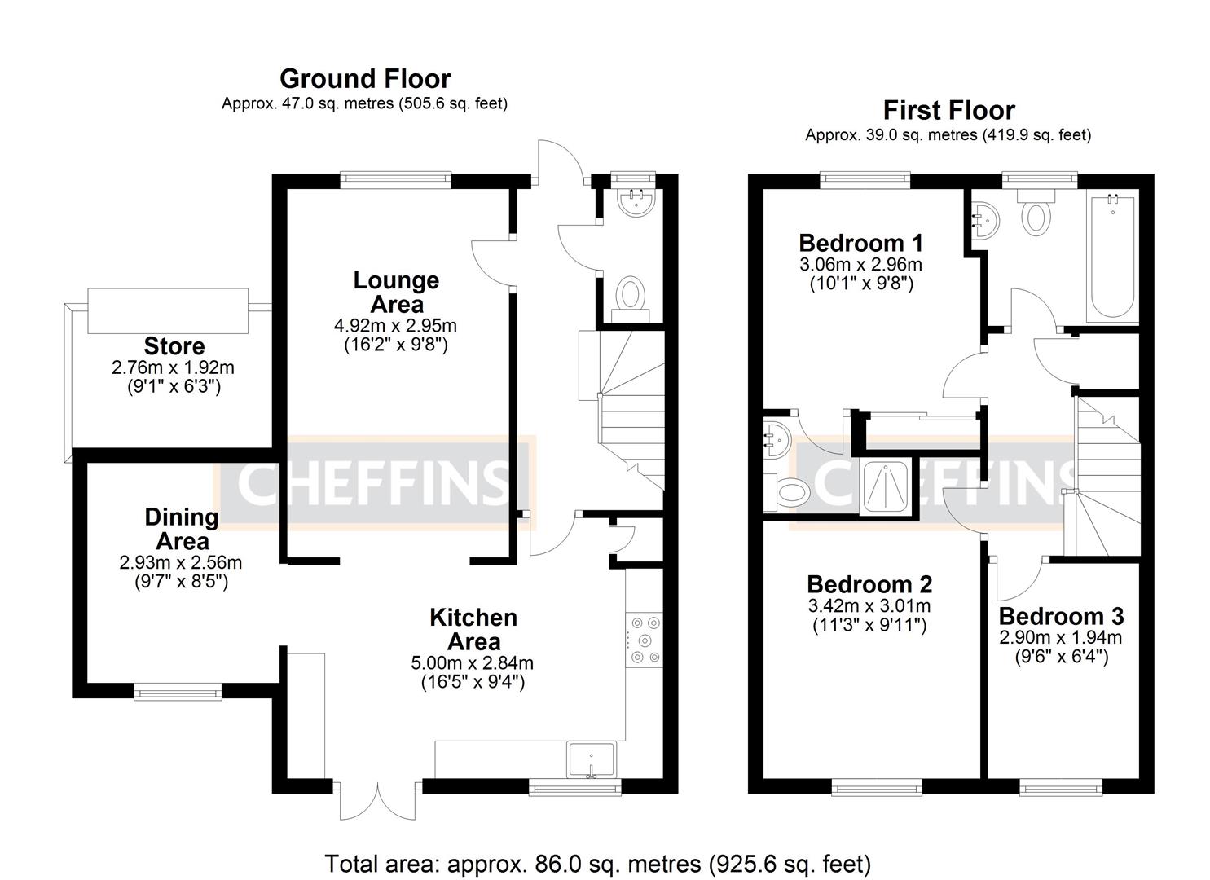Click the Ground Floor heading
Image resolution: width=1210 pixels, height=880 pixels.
[364, 79]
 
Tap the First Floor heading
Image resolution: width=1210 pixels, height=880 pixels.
[948, 110]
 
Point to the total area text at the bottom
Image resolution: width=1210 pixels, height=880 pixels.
[597, 863]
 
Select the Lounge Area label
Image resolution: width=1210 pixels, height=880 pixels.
[396, 292]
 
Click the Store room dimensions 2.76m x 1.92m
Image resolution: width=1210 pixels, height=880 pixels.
[173, 367]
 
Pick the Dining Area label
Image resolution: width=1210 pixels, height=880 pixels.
[182, 529]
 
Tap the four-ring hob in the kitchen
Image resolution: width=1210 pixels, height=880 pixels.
[645, 640]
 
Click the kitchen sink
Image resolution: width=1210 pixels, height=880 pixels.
[592, 760]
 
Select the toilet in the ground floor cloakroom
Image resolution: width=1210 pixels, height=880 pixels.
[630, 293]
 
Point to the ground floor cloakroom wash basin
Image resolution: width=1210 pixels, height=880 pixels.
[635, 202]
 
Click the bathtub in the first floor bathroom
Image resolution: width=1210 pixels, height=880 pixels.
[1111, 256]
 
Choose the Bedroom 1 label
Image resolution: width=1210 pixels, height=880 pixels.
[860, 243]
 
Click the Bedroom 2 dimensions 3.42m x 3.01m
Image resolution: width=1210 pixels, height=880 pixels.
[869, 606]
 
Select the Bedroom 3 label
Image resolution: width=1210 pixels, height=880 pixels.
[1061, 616]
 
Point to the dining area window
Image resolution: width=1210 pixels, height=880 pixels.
[178, 692]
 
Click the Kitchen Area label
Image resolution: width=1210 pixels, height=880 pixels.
[473, 629]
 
